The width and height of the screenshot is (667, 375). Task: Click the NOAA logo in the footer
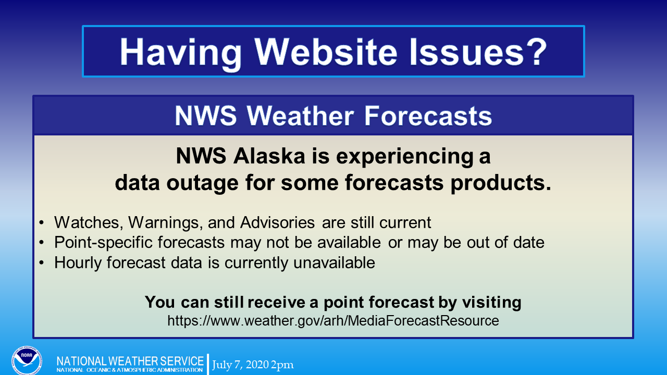click(27, 360)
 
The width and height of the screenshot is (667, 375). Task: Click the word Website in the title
click(326, 52)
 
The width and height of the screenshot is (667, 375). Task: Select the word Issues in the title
click(466, 52)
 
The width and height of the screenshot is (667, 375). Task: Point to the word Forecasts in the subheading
click(428, 116)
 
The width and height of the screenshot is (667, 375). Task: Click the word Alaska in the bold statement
click(269, 156)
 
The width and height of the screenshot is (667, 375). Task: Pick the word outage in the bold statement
click(202, 183)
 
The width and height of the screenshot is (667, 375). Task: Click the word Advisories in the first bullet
click(278, 222)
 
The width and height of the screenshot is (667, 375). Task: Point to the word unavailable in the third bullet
click(334, 262)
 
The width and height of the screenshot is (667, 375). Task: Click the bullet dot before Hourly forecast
click(41, 262)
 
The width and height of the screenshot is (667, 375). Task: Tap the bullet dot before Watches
click(41, 222)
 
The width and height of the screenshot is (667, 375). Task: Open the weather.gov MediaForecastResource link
click(333, 321)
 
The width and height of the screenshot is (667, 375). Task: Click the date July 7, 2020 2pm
click(253, 365)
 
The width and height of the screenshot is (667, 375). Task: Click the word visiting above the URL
click(491, 303)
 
